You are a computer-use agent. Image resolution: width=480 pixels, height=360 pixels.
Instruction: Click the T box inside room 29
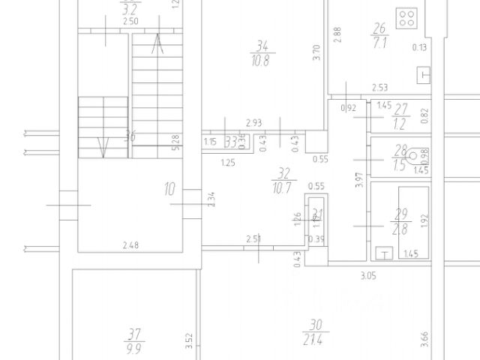(x=385, y=253)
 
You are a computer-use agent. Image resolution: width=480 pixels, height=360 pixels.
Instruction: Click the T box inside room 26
(x=425, y=74)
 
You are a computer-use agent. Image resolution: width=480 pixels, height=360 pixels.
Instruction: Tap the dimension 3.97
(x=360, y=181)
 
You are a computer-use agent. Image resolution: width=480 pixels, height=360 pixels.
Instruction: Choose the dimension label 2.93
(x=253, y=123)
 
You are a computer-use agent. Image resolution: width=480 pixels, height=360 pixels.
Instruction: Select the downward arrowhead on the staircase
(x=104, y=147)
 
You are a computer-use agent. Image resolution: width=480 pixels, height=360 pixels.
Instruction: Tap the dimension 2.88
(x=338, y=34)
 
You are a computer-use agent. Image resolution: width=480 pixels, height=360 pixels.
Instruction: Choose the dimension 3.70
(x=317, y=52)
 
